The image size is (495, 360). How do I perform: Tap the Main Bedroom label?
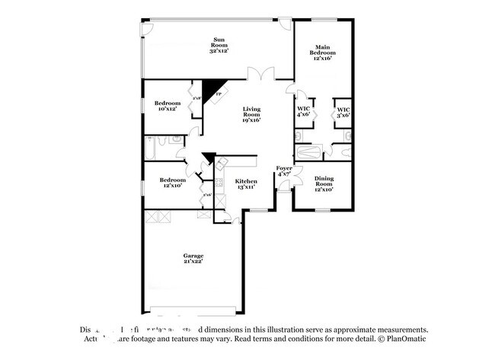pyautogui.click(x=323, y=53)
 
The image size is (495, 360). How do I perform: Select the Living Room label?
pyautogui.click(x=251, y=114)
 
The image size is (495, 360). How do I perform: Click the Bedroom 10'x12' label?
pyautogui.click(x=167, y=106)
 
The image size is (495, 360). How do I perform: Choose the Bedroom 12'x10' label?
pyautogui.click(x=172, y=183)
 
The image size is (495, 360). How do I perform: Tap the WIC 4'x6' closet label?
pyautogui.click(x=302, y=112)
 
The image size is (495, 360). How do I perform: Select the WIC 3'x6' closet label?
pyautogui.click(x=343, y=112)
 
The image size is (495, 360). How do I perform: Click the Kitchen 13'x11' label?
pyautogui.click(x=246, y=184)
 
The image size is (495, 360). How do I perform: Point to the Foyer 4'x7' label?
pyautogui.click(x=285, y=171)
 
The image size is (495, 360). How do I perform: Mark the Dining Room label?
pyautogui.click(x=324, y=183)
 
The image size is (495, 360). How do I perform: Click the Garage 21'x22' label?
pyautogui.click(x=193, y=259)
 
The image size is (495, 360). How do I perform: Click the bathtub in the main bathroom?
pyautogui.click(x=311, y=152)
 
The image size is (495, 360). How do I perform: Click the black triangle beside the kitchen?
pyautogui.click(x=208, y=159)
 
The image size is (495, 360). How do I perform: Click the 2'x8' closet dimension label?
pyautogui.click(x=196, y=98)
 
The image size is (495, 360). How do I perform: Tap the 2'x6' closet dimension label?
pyautogui.click(x=206, y=196)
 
